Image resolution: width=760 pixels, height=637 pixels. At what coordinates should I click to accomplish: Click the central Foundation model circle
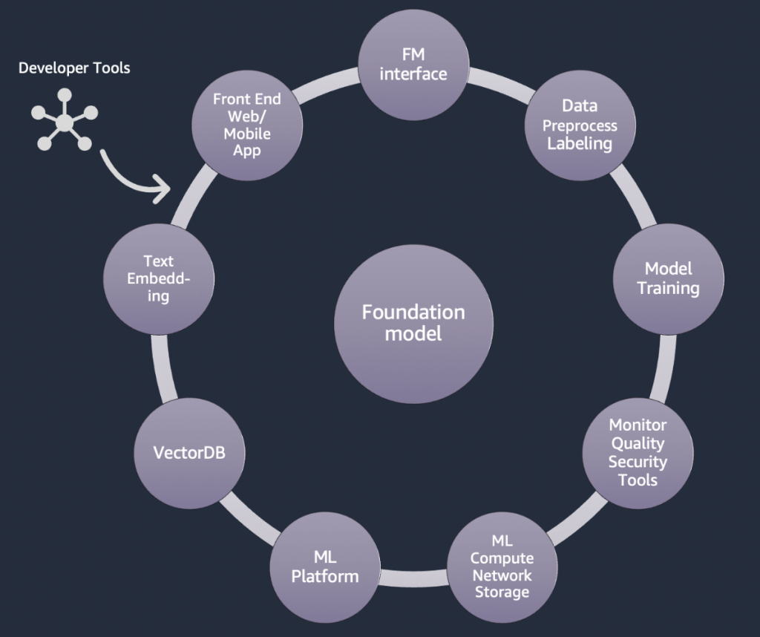(x=413, y=324)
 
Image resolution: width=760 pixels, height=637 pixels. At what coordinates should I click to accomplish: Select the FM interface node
(x=413, y=65)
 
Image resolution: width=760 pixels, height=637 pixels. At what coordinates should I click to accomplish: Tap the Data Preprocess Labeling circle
(x=580, y=125)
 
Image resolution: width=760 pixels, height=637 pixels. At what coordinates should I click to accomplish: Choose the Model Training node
(x=668, y=278)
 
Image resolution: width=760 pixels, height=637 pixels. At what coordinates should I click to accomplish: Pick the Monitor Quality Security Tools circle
(x=638, y=452)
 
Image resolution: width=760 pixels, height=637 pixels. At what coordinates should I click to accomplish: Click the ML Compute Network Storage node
(x=501, y=566)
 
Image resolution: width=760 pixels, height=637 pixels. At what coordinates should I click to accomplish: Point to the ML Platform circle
(x=325, y=567)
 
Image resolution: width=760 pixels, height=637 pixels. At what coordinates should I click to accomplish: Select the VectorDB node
(x=189, y=452)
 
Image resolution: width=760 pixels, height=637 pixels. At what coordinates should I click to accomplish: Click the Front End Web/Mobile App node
(x=246, y=125)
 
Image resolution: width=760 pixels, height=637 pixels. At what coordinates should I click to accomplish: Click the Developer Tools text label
(x=74, y=68)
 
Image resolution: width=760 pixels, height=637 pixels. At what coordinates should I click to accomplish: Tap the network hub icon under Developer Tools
(x=65, y=122)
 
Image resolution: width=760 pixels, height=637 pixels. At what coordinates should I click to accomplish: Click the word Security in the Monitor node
(x=638, y=462)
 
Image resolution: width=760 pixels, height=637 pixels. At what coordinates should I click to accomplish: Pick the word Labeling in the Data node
(x=580, y=143)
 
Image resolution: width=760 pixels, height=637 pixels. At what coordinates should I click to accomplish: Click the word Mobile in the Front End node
(x=246, y=134)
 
